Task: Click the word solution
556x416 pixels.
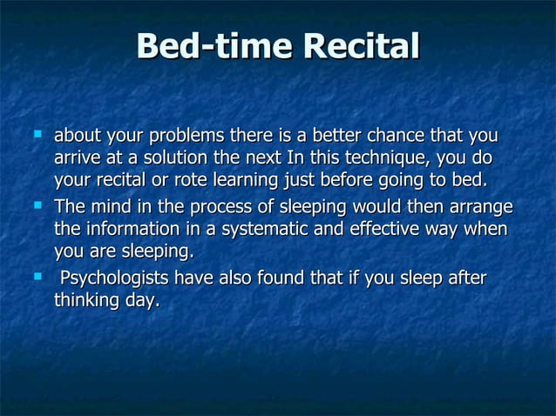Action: pyautogui.click(x=172, y=159)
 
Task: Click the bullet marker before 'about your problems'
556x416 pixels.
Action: pyautogui.click(x=37, y=136)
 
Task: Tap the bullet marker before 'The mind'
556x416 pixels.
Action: pyautogui.click(x=37, y=206)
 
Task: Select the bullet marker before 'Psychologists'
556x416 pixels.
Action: pyautogui.click(x=37, y=278)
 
